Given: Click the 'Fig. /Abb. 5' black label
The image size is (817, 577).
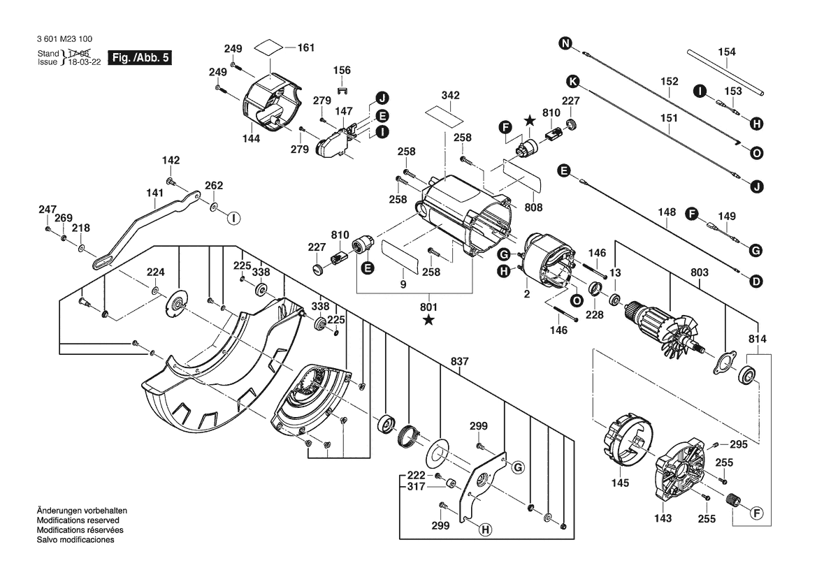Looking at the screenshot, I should pyautogui.click(x=140, y=57).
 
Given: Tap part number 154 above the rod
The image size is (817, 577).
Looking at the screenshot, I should pyautogui.click(x=727, y=52).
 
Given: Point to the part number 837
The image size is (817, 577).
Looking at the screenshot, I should pyautogui.click(x=459, y=361).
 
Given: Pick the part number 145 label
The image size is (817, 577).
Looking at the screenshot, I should pyautogui.click(x=620, y=483).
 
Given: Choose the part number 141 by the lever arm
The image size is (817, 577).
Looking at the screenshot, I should pyautogui.click(x=154, y=191).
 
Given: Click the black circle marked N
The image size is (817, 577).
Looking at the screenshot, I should pyautogui.click(x=565, y=45).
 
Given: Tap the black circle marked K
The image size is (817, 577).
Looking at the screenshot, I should pyautogui.click(x=572, y=80).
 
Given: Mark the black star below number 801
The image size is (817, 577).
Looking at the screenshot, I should pyautogui.click(x=428, y=321).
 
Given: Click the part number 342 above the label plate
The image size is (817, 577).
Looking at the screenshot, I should pyautogui.click(x=450, y=94).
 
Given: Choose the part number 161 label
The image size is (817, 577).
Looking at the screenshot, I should pyautogui.click(x=305, y=48).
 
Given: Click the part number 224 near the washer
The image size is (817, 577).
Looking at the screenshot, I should pyautogui.click(x=155, y=272).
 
